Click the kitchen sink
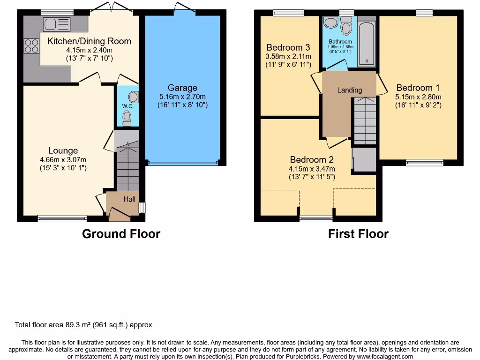(56, 24)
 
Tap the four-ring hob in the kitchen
(31, 46)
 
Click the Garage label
(182, 88)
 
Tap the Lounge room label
(63, 150)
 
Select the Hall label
(129, 199)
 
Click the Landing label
(350, 90)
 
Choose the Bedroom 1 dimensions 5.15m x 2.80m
(419, 97)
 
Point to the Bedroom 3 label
(288, 47)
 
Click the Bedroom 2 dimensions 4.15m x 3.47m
(312, 169)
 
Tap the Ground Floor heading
(121, 234)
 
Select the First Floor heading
(358, 234)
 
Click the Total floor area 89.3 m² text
(83, 325)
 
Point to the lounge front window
(62, 218)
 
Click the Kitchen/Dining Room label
(89, 41)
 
